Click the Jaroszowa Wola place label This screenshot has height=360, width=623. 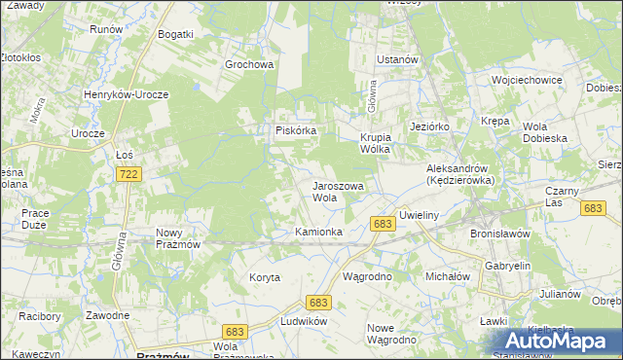point(337,191)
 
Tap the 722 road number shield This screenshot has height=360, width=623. point(127,173)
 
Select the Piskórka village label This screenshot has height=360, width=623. point(293,130)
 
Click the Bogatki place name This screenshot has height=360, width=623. point(176,34)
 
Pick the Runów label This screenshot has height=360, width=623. point(105,29)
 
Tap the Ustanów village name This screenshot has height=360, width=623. point(397,59)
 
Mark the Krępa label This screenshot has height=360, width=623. point(495,121)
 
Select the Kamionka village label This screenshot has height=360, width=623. point(318,232)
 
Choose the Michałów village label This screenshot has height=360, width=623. point(448,276)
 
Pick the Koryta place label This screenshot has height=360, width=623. point(264,277)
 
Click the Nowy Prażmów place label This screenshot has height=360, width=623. point(178,238)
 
